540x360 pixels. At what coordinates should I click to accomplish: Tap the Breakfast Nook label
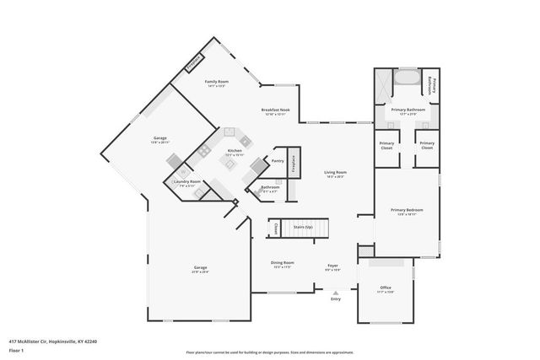pos(277,110)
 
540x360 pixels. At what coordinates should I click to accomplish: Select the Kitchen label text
pos(235,151)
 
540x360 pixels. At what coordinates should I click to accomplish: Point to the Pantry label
pos(277,159)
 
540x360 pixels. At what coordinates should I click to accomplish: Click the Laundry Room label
pos(187,182)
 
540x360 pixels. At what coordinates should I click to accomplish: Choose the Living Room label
pos(335,173)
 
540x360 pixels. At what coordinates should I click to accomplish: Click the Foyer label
pos(332,266)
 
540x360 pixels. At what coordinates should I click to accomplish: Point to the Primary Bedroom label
pos(406,210)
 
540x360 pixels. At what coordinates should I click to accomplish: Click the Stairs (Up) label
pos(302,228)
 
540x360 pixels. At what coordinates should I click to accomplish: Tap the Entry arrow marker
pos(335,293)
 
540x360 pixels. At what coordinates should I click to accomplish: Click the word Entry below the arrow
pos(335,299)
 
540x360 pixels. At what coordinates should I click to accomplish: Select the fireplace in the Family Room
pos(193,62)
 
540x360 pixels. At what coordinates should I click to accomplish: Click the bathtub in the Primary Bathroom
pos(405,79)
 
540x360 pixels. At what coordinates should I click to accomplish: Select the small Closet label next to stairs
pos(276,228)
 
